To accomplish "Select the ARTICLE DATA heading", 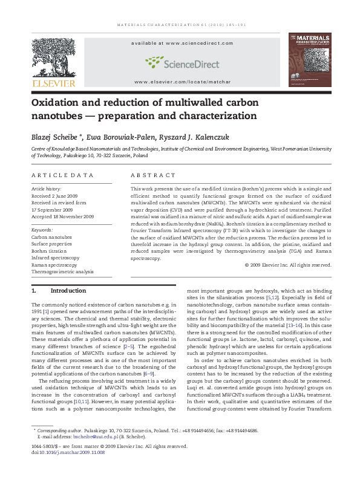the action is click(x=63, y=175).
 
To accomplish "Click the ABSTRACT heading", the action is click(x=151, y=175).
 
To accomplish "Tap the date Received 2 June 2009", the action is click(x=57, y=196).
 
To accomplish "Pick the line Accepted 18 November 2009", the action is click(x=63, y=216).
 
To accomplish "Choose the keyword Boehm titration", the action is click(x=49, y=251).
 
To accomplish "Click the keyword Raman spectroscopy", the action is click(x=54, y=265).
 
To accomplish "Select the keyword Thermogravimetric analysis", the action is click(x=62, y=271).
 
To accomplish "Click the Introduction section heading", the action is click(x=68, y=291).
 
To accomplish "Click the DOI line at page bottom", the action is click(x=68, y=452).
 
